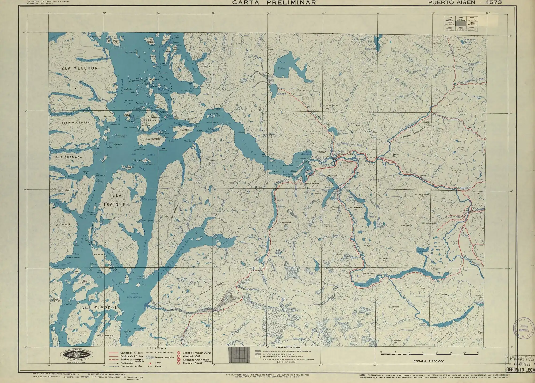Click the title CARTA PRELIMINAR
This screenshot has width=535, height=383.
point(274,3)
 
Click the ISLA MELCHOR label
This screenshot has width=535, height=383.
point(78,68)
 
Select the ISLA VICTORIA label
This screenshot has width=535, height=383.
point(76,122)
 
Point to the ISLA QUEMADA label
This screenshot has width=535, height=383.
point(68,157)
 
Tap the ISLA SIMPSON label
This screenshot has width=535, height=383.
point(98,308)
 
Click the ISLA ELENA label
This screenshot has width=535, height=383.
point(185,130)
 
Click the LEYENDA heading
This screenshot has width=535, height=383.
point(156,349)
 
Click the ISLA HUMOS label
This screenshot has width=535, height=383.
point(62,225)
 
